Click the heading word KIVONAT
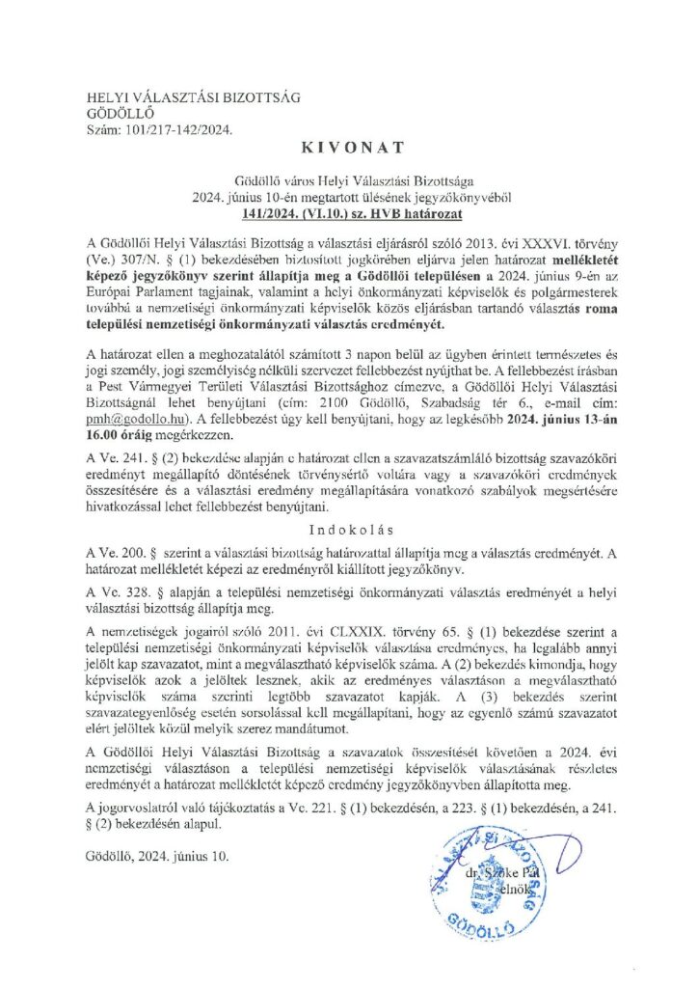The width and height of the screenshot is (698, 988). pyautogui.click(x=349, y=147)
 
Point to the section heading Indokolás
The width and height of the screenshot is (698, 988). pyautogui.click(x=349, y=530)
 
